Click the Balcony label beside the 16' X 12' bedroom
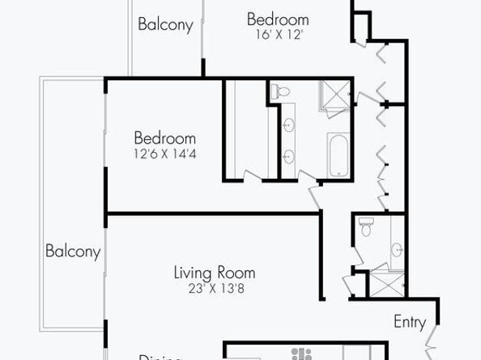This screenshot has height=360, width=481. click(x=165, y=24)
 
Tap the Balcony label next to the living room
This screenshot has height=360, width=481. click(x=73, y=251)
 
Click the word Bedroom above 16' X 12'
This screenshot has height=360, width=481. click(x=278, y=19)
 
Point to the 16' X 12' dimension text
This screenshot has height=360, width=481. click(x=278, y=35)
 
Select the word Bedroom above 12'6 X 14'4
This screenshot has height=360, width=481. click(x=164, y=138)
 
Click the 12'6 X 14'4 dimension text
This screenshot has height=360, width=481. click(x=164, y=152)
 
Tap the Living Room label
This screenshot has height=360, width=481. click(x=215, y=273)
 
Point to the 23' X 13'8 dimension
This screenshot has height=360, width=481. click(x=215, y=288)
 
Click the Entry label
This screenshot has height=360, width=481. click(x=410, y=321)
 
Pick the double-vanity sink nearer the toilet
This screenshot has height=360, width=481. click(x=289, y=125)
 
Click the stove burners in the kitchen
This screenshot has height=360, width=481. click(x=305, y=354)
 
